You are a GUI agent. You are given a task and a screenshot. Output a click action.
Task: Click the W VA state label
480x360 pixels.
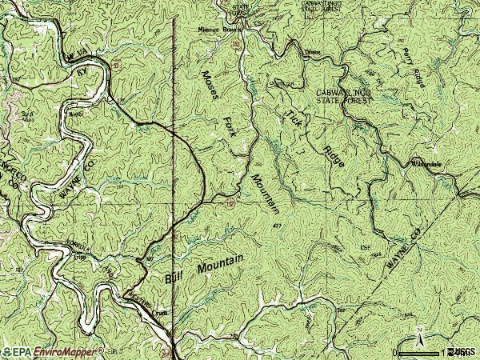(77, 54)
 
